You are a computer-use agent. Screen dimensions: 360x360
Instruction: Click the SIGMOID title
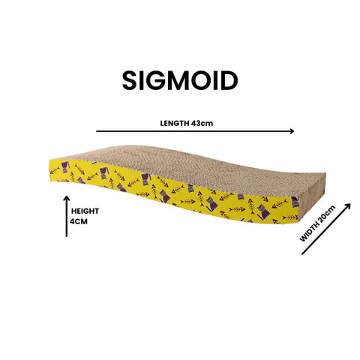pyautogui.click(x=180, y=80)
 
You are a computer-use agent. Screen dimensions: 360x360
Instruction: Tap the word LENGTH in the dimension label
pyautogui.click(x=175, y=123)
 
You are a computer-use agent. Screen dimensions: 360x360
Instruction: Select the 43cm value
pyautogui.click(x=202, y=123)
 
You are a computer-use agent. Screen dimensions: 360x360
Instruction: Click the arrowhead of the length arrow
pyautogui.click(x=292, y=131)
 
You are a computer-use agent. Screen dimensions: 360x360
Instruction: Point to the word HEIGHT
pyautogui.click(x=85, y=211)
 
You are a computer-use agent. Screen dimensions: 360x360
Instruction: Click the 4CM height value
pyautogui.click(x=79, y=221)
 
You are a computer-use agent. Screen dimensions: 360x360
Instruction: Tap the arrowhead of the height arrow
pyautogui.click(x=67, y=198)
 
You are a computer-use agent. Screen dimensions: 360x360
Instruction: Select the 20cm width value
pyautogui.click(x=327, y=214)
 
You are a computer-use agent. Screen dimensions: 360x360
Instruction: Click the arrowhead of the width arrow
pyautogui.click(x=348, y=205)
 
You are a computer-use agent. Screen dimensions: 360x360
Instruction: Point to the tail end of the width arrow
pyautogui.click(x=302, y=254)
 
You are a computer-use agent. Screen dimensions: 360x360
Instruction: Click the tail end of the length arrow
pyautogui.click(x=97, y=131)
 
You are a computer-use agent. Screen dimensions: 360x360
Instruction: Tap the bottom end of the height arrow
pyautogui.click(x=67, y=236)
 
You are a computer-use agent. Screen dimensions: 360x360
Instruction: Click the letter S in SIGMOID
pyautogui.click(x=130, y=80)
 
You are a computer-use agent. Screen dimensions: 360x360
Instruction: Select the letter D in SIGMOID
pyautogui.click(x=229, y=80)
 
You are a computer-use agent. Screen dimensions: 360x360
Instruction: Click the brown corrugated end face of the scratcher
pyautogui.click(x=313, y=193)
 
